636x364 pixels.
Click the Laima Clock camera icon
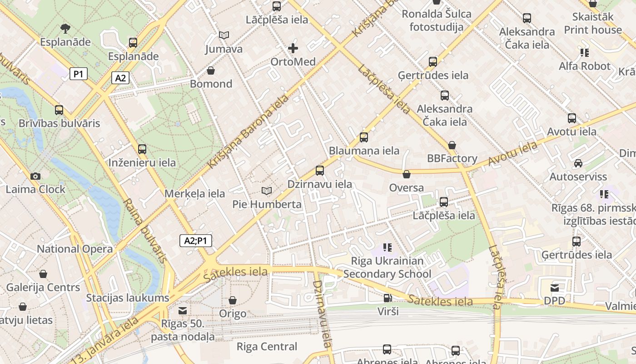(x=35, y=176)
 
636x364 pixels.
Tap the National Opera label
(x=75, y=249)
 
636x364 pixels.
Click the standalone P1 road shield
(x=78, y=74)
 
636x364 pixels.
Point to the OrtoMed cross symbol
(x=293, y=48)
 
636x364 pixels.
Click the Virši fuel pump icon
(x=388, y=298)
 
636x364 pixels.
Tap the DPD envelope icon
(x=555, y=288)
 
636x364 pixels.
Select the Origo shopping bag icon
(x=233, y=300)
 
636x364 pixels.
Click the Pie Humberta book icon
(x=267, y=191)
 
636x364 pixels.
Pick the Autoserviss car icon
(x=578, y=163)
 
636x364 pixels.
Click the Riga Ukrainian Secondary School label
(x=387, y=268)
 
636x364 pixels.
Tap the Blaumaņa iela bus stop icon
(x=364, y=137)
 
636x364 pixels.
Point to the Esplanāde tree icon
(x=65, y=28)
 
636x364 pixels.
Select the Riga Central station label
(x=267, y=347)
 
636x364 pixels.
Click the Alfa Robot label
(x=584, y=66)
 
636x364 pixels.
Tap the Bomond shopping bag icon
(x=211, y=71)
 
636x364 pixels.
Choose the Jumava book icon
(x=224, y=35)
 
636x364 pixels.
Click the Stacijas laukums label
(x=128, y=298)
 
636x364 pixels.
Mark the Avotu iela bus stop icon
(x=572, y=118)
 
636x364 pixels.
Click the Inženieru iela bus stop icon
(x=142, y=149)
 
